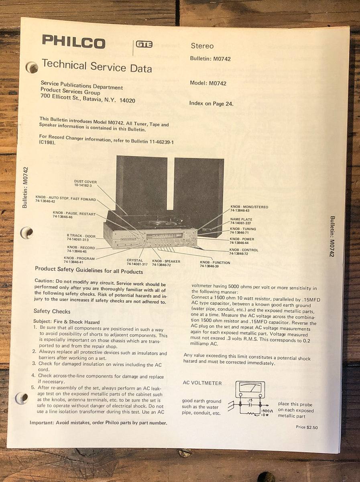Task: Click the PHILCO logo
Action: coord(73,41)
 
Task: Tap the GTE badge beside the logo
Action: coord(144,45)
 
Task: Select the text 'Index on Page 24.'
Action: coord(211,104)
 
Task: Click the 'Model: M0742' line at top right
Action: coord(208,84)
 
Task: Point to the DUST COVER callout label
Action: coord(85,184)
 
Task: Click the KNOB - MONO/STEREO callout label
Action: coord(249,209)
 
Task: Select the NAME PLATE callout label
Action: coord(241,221)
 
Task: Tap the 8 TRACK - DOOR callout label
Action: coord(81,237)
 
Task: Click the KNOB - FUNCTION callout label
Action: coord(215,264)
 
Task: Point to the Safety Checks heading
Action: coord(52,311)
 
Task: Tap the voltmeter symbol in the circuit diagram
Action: coord(250,390)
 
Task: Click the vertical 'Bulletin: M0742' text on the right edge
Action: coord(332,236)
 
